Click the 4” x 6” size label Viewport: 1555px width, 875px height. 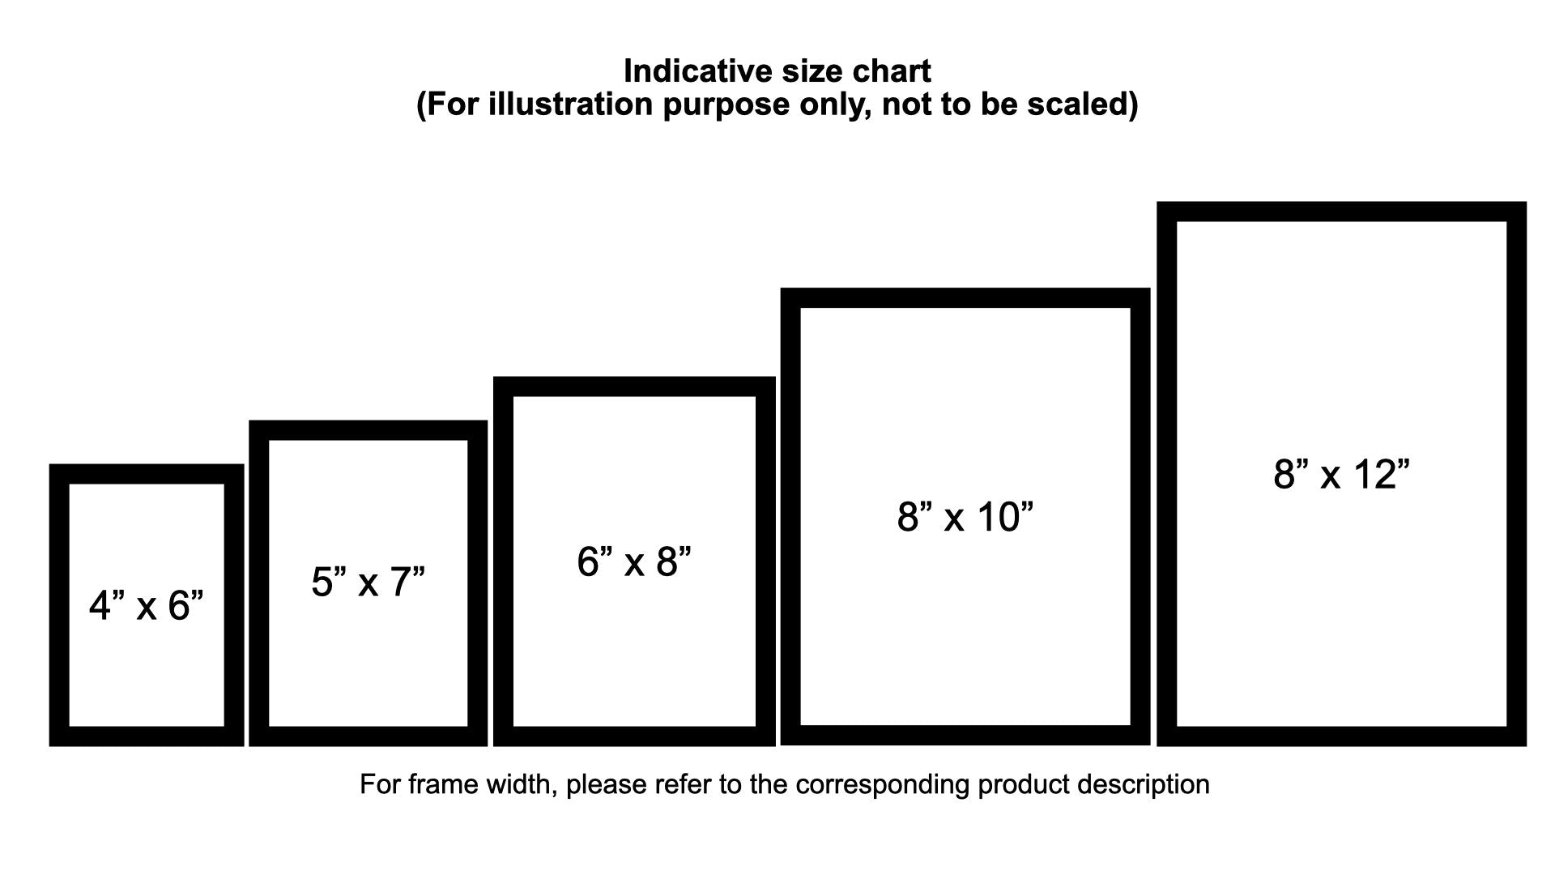(146, 606)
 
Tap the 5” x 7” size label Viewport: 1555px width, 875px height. (368, 582)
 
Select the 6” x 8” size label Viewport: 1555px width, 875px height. (634, 561)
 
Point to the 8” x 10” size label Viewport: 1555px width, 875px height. (965, 517)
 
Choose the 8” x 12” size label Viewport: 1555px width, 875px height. (1341, 474)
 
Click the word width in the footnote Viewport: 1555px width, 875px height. (518, 784)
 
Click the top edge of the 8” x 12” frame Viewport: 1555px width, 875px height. (1341, 211)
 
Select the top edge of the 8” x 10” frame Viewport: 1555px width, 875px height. (965, 297)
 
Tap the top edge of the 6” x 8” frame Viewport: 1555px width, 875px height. (634, 387)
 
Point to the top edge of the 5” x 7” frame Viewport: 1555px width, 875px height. (368, 430)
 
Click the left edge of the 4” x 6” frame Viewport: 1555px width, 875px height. (59, 605)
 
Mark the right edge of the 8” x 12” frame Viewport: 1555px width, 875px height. (1517, 474)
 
